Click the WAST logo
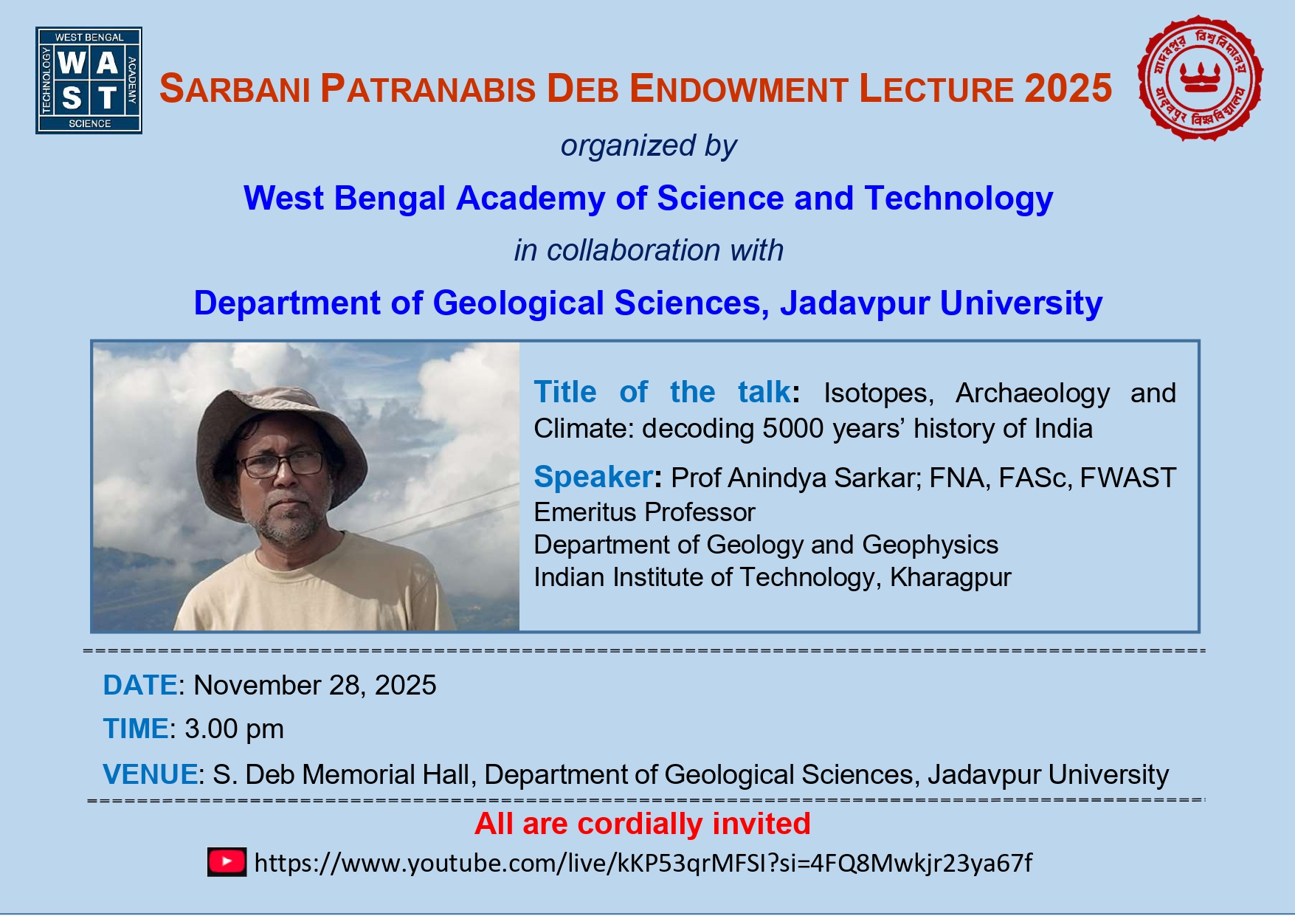pos(89,80)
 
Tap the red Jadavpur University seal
pos(1201,78)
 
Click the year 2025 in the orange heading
pos(1068,89)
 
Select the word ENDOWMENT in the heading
pos(738,89)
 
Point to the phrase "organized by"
pos(649,146)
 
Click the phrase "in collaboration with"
pos(649,250)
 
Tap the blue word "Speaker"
pos(593,478)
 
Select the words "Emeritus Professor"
pos(644,512)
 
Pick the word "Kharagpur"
pos(950,577)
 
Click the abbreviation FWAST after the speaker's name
pos(1128,478)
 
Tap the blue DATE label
pos(140,686)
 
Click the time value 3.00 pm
pos(234,729)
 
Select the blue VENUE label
pos(151,775)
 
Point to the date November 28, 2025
pos(315,686)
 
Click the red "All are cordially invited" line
pos(643,824)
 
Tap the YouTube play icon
pos(227,862)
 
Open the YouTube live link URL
pos(643,863)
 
